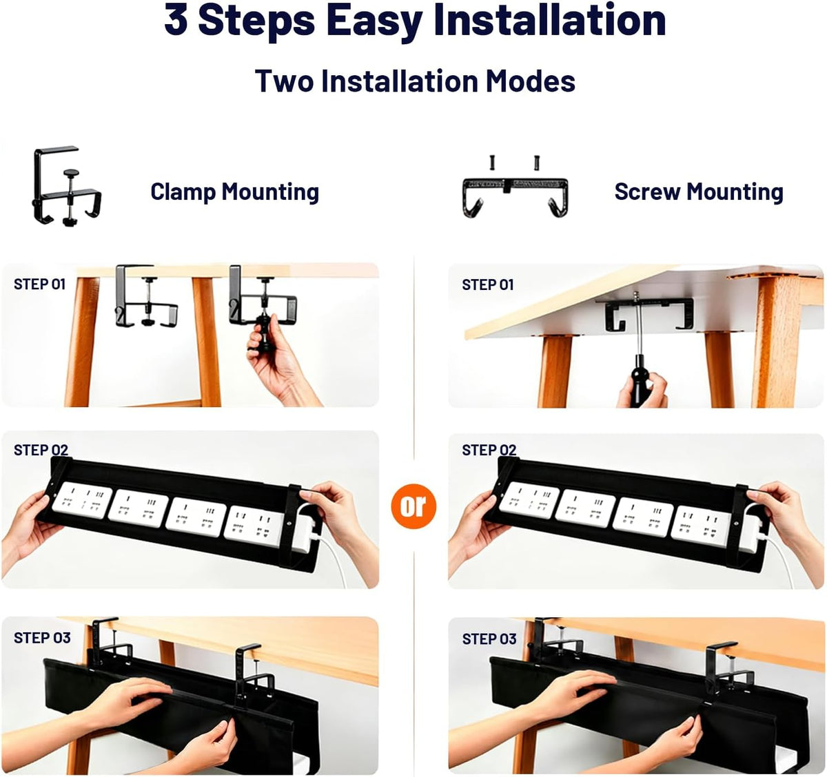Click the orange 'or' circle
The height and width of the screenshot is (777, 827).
tap(413, 506)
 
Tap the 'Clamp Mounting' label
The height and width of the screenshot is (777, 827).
tap(235, 192)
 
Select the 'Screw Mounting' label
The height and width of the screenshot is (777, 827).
tap(699, 192)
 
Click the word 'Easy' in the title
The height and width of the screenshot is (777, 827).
tap(374, 20)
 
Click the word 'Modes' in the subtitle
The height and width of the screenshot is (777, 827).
tap(531, 81)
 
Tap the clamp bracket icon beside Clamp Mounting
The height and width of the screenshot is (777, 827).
tap(67, 186)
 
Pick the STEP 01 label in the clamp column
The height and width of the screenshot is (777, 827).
tap(40, 284)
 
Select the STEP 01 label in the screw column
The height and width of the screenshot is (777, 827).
tap(488, 284)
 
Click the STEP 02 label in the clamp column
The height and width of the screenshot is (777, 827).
tap(41, 450)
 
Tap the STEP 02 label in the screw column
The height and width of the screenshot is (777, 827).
tap(489, 450)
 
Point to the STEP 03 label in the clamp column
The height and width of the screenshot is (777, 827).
tap(42, 638)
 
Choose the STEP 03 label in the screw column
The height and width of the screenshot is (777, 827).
tap(489, 639)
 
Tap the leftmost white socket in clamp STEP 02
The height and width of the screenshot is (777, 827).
tap(82, 500)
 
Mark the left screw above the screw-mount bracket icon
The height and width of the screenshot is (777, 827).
tap(493, 163)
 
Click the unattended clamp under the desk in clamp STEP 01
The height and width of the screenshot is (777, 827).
tap(145, 296)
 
